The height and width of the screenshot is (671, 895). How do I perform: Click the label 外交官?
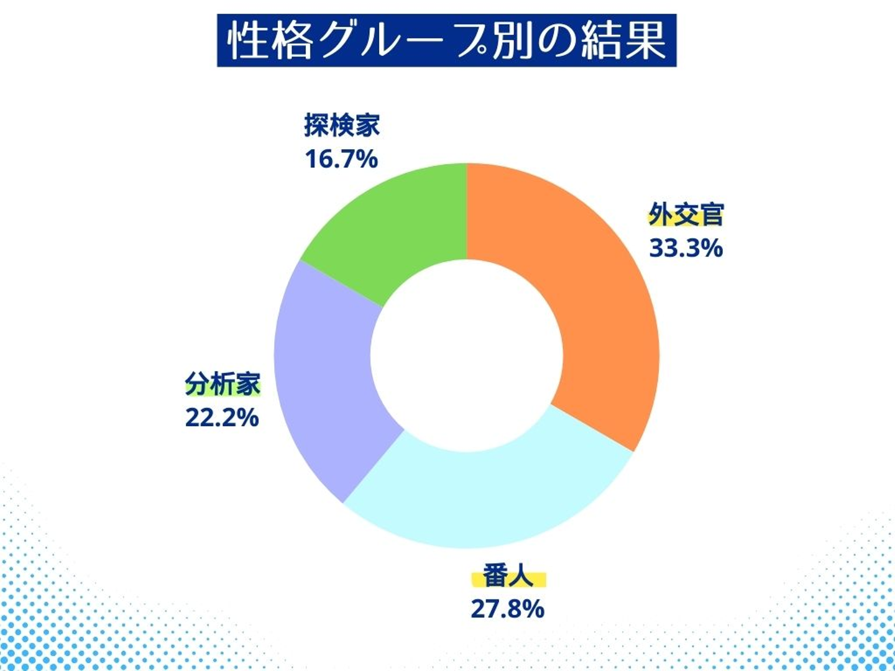pyautogui.click(x=686, y=215)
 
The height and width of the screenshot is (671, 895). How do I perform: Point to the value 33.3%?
pyautogui.click(x=686, y=248)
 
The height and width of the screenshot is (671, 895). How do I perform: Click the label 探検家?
pyautogui.click(x=342, y=126)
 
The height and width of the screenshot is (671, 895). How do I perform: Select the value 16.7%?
pyautogui.click(x=341, y=159)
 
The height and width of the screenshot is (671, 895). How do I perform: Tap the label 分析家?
pyautogui.click(x=223, y=384)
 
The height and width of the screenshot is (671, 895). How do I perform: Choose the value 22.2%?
pyautogui.click(x=222, y=418)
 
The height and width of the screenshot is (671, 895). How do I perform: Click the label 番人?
pyautogui.click(x=508, y=576)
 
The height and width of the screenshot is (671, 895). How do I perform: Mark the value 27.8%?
pyautogui.click(x=507, y=609)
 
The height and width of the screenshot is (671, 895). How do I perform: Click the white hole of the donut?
pyautogui.click(x=467, y=355)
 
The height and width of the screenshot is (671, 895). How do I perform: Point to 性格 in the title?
pyautogui.click(x=270, y=41)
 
